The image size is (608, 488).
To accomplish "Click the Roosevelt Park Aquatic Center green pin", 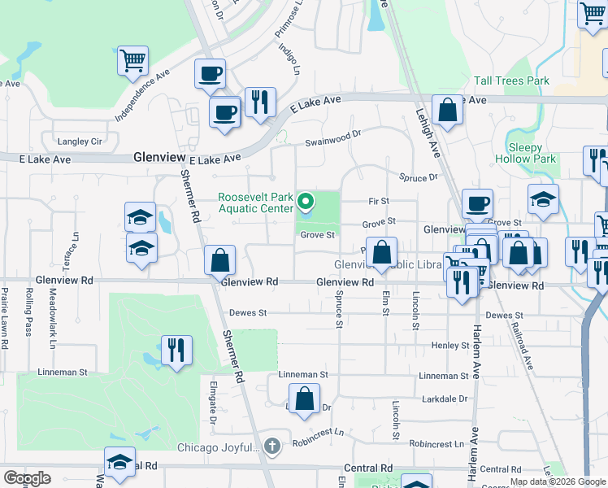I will pyautogui.click(x=306, y=201).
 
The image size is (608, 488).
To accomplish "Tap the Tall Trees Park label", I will pyautogui.click(x=511, y=81).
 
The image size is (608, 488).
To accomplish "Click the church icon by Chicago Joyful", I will pyautogui.click(x=271, y=447).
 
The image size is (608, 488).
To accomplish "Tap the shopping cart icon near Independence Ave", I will pyautogui.click(x=132, y=60).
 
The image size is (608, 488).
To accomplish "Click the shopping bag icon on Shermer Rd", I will pyautogui.click(x=219, y=260).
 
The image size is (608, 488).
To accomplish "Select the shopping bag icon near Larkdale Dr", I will pyautogui.click(x=304, y=399).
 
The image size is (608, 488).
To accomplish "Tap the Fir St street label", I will pyautogui.click(x=379, y=201).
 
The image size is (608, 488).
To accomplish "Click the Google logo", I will pyautogui.click(x=27, y=478).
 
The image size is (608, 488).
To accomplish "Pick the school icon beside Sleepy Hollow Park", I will pyautogui.click(x=543, y=198).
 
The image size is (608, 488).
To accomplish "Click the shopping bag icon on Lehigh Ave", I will pyautogui.click(x=447, y=109).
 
